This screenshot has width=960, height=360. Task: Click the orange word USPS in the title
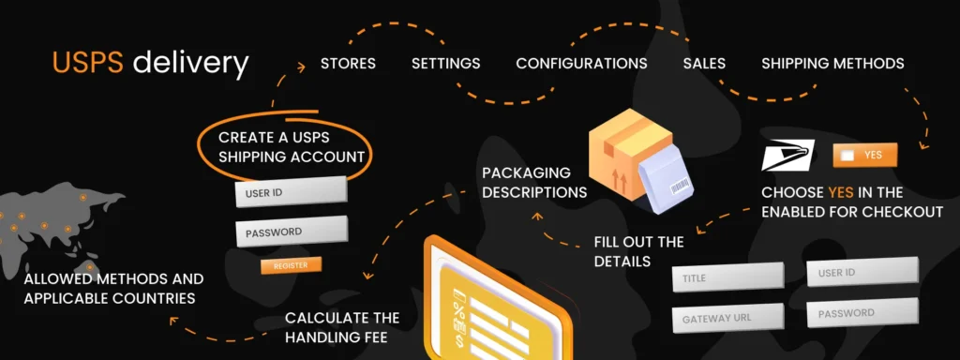[x=89, y=64]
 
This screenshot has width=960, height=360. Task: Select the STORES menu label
[x=348, y=64]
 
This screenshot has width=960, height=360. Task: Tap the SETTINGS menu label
[x=446, y=64]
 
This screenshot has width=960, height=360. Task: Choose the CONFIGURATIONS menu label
[x=581, y=64]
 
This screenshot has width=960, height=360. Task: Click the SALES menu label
[x=704, y=64]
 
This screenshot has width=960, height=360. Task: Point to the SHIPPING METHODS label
[x=832, y=64]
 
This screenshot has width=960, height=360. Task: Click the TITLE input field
[x=727, y=277]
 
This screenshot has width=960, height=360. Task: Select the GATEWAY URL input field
[x=727, y=318]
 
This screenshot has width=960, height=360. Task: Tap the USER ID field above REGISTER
[x=291, y=192]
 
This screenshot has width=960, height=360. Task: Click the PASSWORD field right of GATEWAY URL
[x=862, y=312]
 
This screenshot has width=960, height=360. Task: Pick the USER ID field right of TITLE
[x=862, y=273]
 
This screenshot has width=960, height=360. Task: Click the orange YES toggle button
[x=864, y=156]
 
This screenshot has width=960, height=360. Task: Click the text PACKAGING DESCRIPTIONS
[x=533, y=183]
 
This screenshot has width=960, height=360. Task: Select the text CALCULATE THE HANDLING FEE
[x=342, y=327]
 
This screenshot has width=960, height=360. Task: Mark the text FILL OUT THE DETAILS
[x=638, y=251]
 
